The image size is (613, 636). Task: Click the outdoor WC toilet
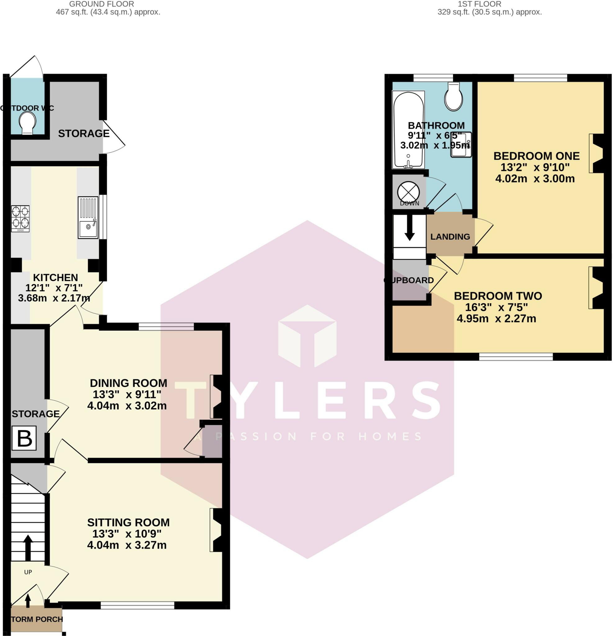click(x=27, y=123)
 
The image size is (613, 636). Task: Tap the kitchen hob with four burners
click(x=20, y=218)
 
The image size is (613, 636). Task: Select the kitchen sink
click(x=88, y=217)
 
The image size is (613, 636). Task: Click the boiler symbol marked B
click(x=24, y=438)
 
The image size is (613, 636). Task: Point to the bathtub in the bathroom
click(x=408, y=130)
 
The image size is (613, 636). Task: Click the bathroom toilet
click(x=454, y=96)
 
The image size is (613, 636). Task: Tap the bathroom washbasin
click(x=461, y=145)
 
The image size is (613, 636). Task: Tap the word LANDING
click(x=450, y=237)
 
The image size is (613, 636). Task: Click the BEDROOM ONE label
click(x=536, y=156)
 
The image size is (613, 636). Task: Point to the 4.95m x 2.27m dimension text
click(x=496, y=318)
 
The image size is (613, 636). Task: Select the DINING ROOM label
click(x=129, y=383)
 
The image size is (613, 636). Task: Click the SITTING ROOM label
click(x=129, y=522)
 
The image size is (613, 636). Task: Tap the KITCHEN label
click(x=56, y=277)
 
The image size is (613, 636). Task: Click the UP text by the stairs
click(x=28, y=572)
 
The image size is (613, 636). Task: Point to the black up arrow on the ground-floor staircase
click(x=28, y=547)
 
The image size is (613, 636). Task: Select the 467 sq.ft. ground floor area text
click(x=108, y=12)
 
